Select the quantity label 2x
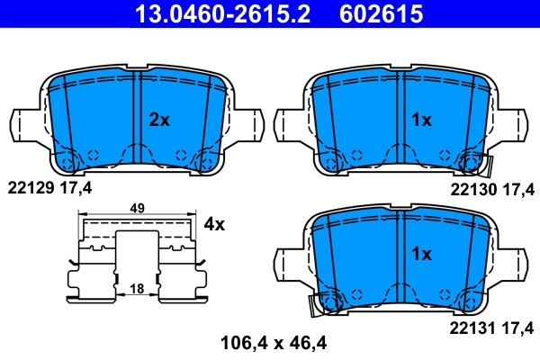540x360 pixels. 159,120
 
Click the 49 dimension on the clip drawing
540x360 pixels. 138,209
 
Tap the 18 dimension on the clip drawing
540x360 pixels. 138,289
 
